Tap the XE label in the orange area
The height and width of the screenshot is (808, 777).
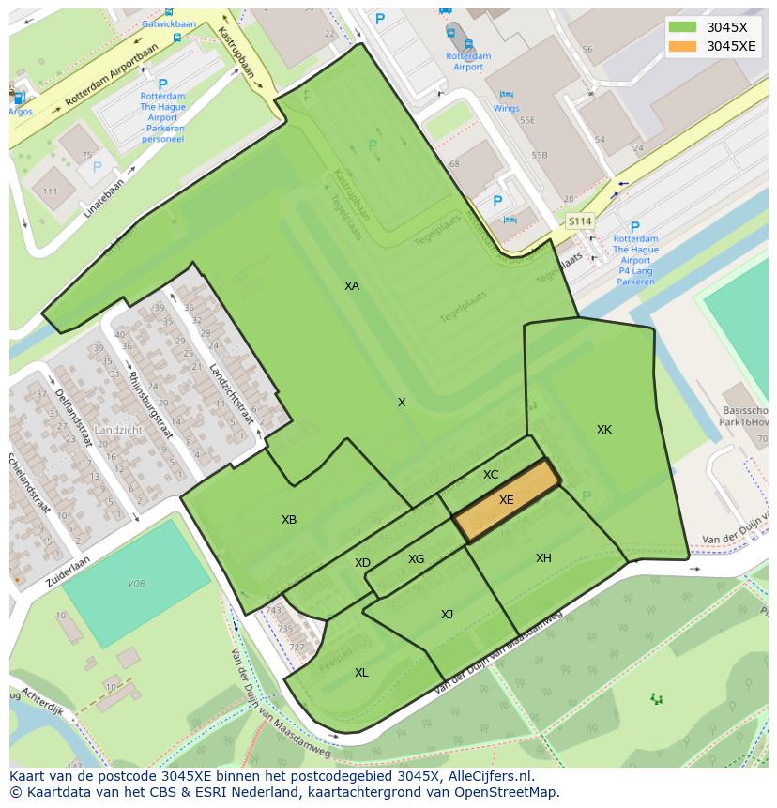pyautogui.click(x=507, y=500)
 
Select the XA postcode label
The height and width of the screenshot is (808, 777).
pyautogui.click(x=352, y=286)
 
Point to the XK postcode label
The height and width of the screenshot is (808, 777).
pyautogui.click(x=604, y=430)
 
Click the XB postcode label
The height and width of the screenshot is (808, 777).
pyautogui.click(x=289, y=520)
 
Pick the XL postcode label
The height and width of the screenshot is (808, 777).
pyautogui.click(x=361, y=673)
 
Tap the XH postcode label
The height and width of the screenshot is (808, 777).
pyautogui.click(x=543, y=558)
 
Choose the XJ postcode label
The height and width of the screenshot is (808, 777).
pyautogui.click(x=448, y=615)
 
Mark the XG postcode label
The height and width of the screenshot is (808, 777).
pyautogui.click(x=417, y=559)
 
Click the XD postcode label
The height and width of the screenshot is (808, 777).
pyautogui.click(x=362, y=563)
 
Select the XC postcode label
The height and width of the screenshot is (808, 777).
pyautogui.click(x=491, y=475)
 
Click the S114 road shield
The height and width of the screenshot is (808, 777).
pyautogui.click(x=580, y=221)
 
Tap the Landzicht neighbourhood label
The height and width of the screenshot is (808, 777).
pyautogui.click(x=118, y=430)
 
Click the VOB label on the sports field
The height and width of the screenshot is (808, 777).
pyautogui.click(x=136, y=584)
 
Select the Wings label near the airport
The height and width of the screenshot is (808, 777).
pyautogui.click(x=506, y=108)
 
